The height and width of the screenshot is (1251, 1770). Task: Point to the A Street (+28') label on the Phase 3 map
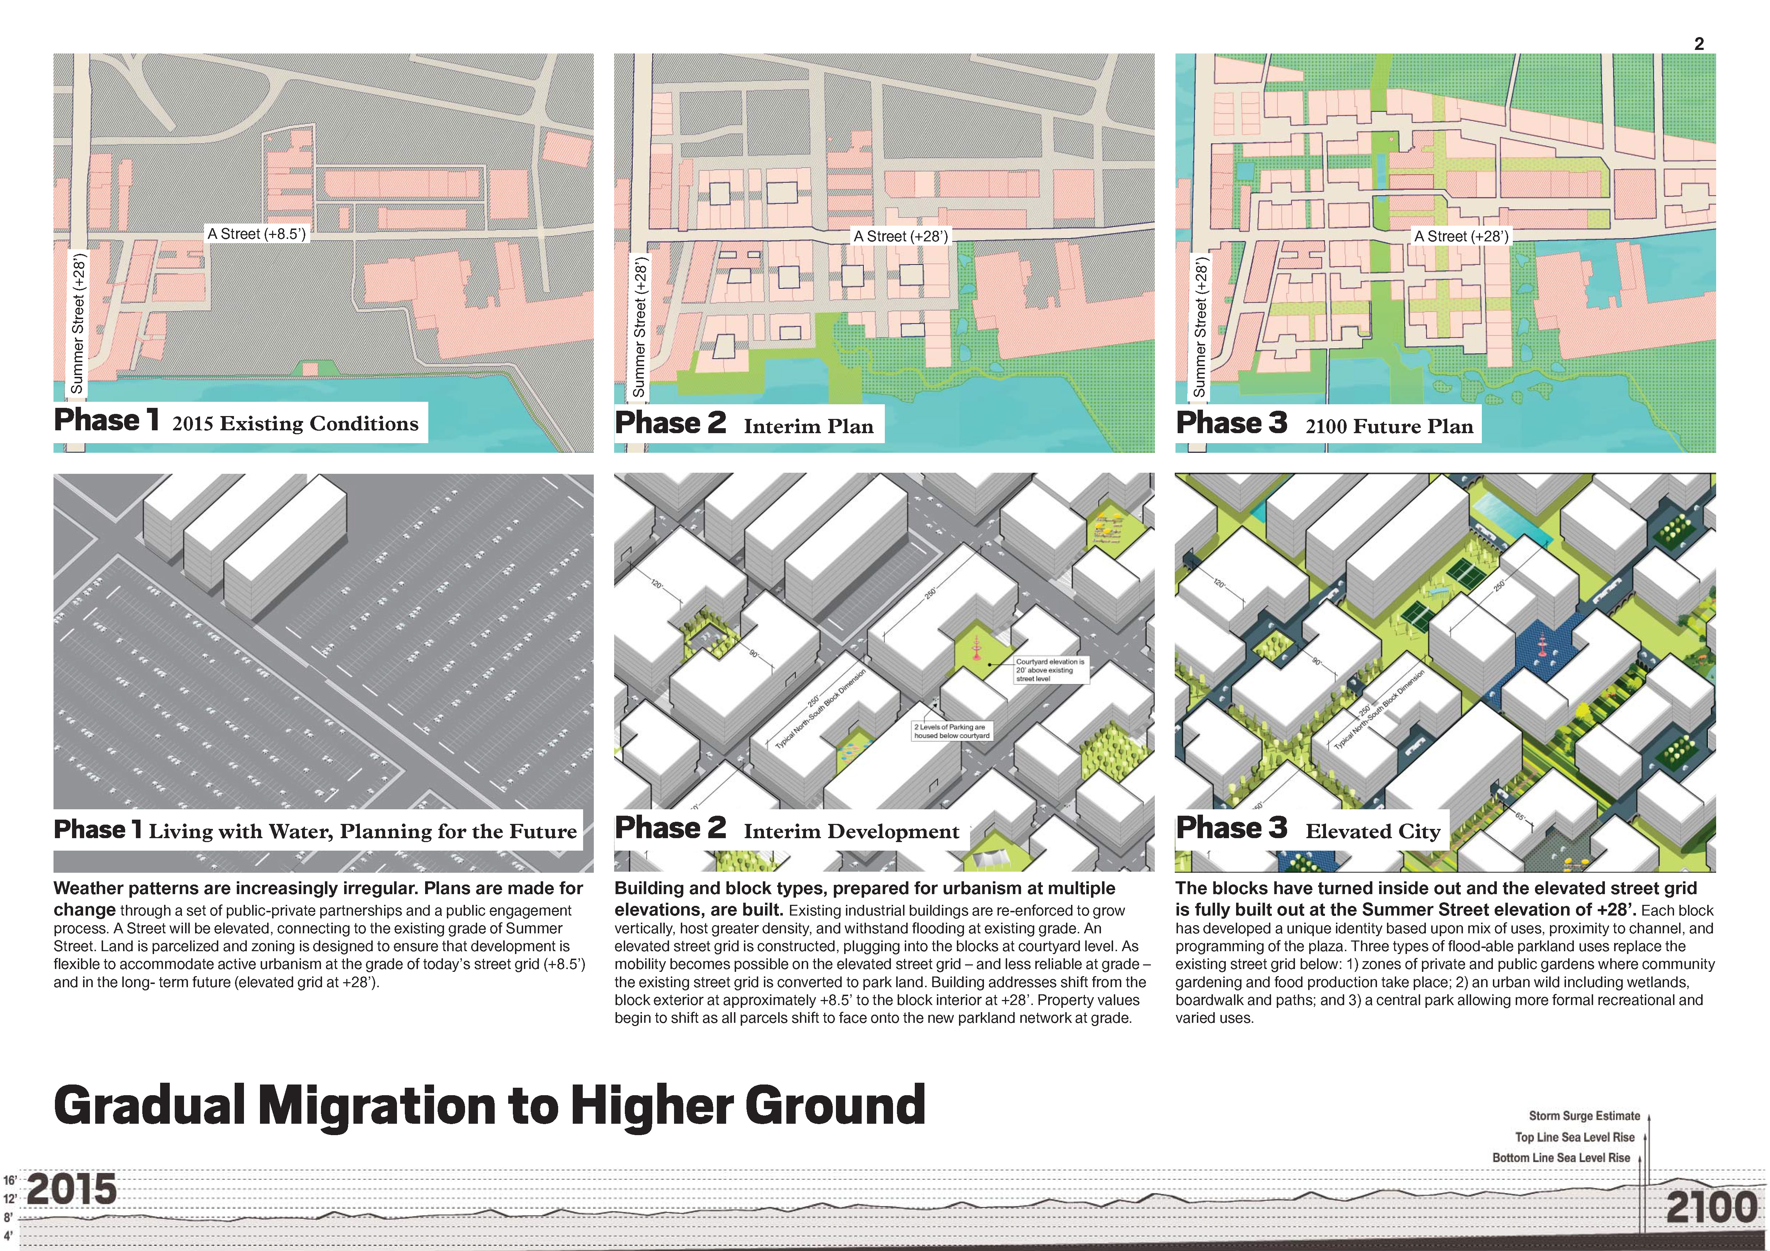(x=1461, y=236)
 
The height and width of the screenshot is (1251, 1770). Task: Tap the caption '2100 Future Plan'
(x=1388, y=426)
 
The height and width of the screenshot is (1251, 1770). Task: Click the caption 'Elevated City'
(x=1372, y=831)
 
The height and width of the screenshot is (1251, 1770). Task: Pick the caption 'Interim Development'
(x=851, y=831)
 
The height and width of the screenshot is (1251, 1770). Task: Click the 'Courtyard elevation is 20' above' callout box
(x=1050, y=670)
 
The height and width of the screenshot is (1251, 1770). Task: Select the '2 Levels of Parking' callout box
(x=950, y=731)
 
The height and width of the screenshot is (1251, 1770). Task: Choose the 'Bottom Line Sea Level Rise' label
(x=1561, y=1158)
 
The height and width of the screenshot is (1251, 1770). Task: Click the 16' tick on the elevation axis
(x=10, y=1180)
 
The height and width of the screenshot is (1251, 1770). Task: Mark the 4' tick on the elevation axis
(x=9, y=1236)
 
